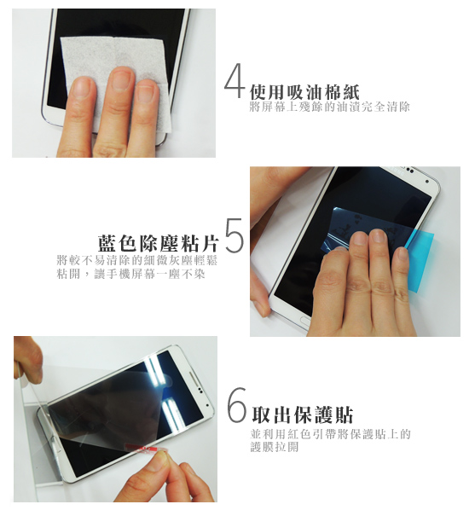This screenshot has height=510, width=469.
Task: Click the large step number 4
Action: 234,81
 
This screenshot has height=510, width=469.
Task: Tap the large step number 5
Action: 234,235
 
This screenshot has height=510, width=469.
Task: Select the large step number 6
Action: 237,405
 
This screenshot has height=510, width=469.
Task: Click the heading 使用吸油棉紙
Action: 304,92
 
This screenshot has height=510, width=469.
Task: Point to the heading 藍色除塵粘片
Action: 158,243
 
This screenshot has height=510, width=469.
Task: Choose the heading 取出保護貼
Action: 303,414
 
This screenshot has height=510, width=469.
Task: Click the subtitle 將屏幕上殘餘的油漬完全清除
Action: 329,107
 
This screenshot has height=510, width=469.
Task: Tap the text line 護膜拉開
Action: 275,447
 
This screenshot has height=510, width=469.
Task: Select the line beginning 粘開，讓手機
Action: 130,274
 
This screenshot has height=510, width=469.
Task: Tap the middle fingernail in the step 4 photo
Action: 123,80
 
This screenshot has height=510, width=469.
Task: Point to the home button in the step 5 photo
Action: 306,321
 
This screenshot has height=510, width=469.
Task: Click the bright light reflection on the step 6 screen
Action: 157,374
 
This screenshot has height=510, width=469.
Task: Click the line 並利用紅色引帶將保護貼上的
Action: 331,434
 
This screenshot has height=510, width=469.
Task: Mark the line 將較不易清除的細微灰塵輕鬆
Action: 136,260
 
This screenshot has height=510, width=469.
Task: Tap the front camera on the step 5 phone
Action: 427,181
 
